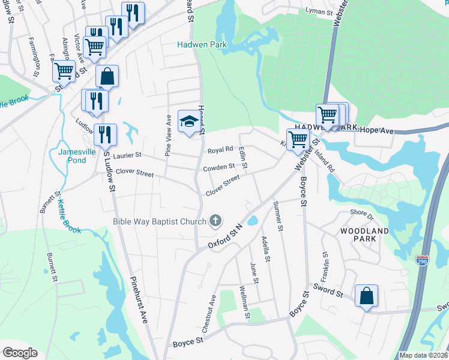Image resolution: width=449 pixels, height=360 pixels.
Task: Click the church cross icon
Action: coord(215,221)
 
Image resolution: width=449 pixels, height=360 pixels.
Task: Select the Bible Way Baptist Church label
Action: coord(160,221)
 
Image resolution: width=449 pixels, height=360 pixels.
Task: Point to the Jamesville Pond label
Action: coord(77,156)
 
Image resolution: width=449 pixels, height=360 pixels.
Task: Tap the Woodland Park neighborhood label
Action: coord(365,235)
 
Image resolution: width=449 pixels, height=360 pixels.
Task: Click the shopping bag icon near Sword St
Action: coord(366,296)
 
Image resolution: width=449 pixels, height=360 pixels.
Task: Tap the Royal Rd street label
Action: coord(220,150)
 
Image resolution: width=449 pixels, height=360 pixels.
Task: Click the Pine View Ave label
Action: coord(169,136)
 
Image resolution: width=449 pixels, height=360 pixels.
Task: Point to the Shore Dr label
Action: coord(362,213)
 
